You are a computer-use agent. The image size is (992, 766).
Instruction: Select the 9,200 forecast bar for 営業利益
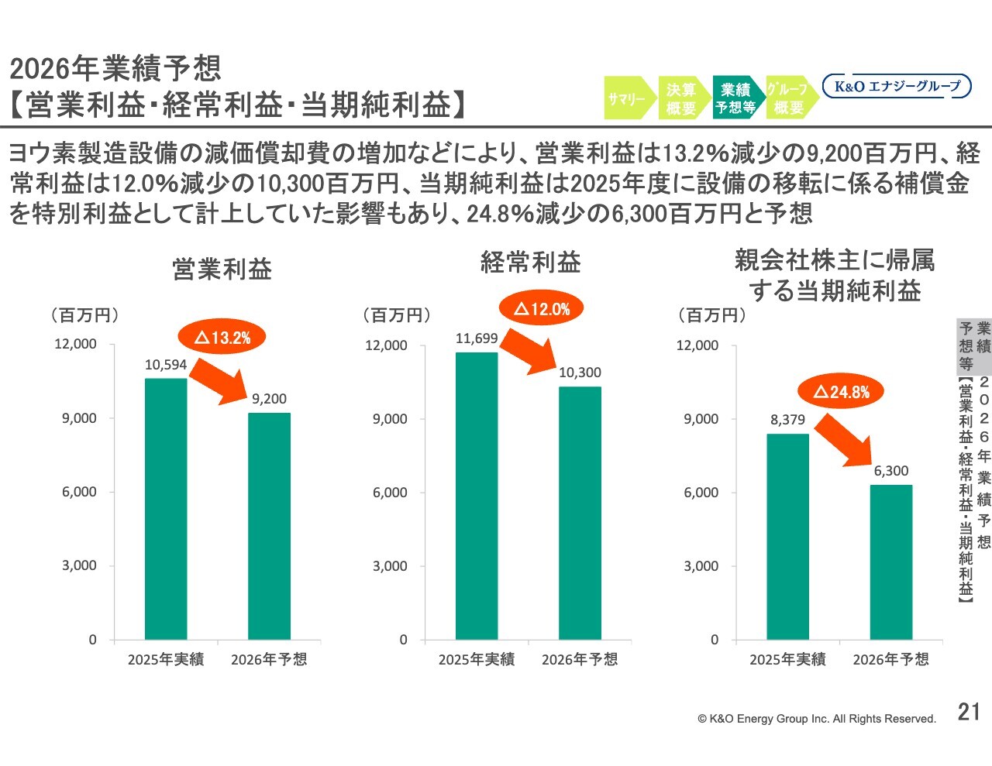pyautogui.click(x=269, y=526)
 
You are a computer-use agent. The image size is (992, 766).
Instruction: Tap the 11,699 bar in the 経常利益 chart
pyautogui.click(x=477, y=496)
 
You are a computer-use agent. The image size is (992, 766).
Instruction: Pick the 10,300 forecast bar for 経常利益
pyautogui.click(x=580, y=513)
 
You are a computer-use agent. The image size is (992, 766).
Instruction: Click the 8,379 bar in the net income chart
pyautogui.click(x=787, y=536)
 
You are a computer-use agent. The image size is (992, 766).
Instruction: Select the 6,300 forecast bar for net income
pyautogui.click(x=890, y=562)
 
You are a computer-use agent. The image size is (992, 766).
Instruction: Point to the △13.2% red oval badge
pyautogui.click(x=222, y=337)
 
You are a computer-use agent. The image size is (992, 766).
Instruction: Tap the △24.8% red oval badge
pyautogui.click(x=841, y=392)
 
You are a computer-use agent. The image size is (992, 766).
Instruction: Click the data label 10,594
pyautogui.click(x=166, y=365)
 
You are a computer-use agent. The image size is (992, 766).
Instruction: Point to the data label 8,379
pyautogui.click(x=787, y=420)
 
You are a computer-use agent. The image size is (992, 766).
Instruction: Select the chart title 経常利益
pyautogui.click(x=531, y=263)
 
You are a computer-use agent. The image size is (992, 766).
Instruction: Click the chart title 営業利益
pyautogui.click(x=222, y=270)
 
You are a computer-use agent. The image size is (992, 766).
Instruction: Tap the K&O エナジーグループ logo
pyautogui.click(x=897, y=86)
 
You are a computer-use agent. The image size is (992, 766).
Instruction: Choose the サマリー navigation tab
pyautogui.click(x=627, y=98)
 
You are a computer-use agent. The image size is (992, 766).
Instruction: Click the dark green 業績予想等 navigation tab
pyautogui.click(x=735, y=98)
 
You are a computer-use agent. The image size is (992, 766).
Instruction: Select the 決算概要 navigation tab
pyautogui.click(x=681, y=98)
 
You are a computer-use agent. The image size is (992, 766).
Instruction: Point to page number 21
pyautogui.click(x=969, y=712)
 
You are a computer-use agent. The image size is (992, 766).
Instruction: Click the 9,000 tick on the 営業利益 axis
pyautogui.click(x=79, y=418)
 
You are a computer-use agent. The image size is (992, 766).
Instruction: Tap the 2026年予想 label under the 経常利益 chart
pyautogui.click(x=580, y=660)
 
